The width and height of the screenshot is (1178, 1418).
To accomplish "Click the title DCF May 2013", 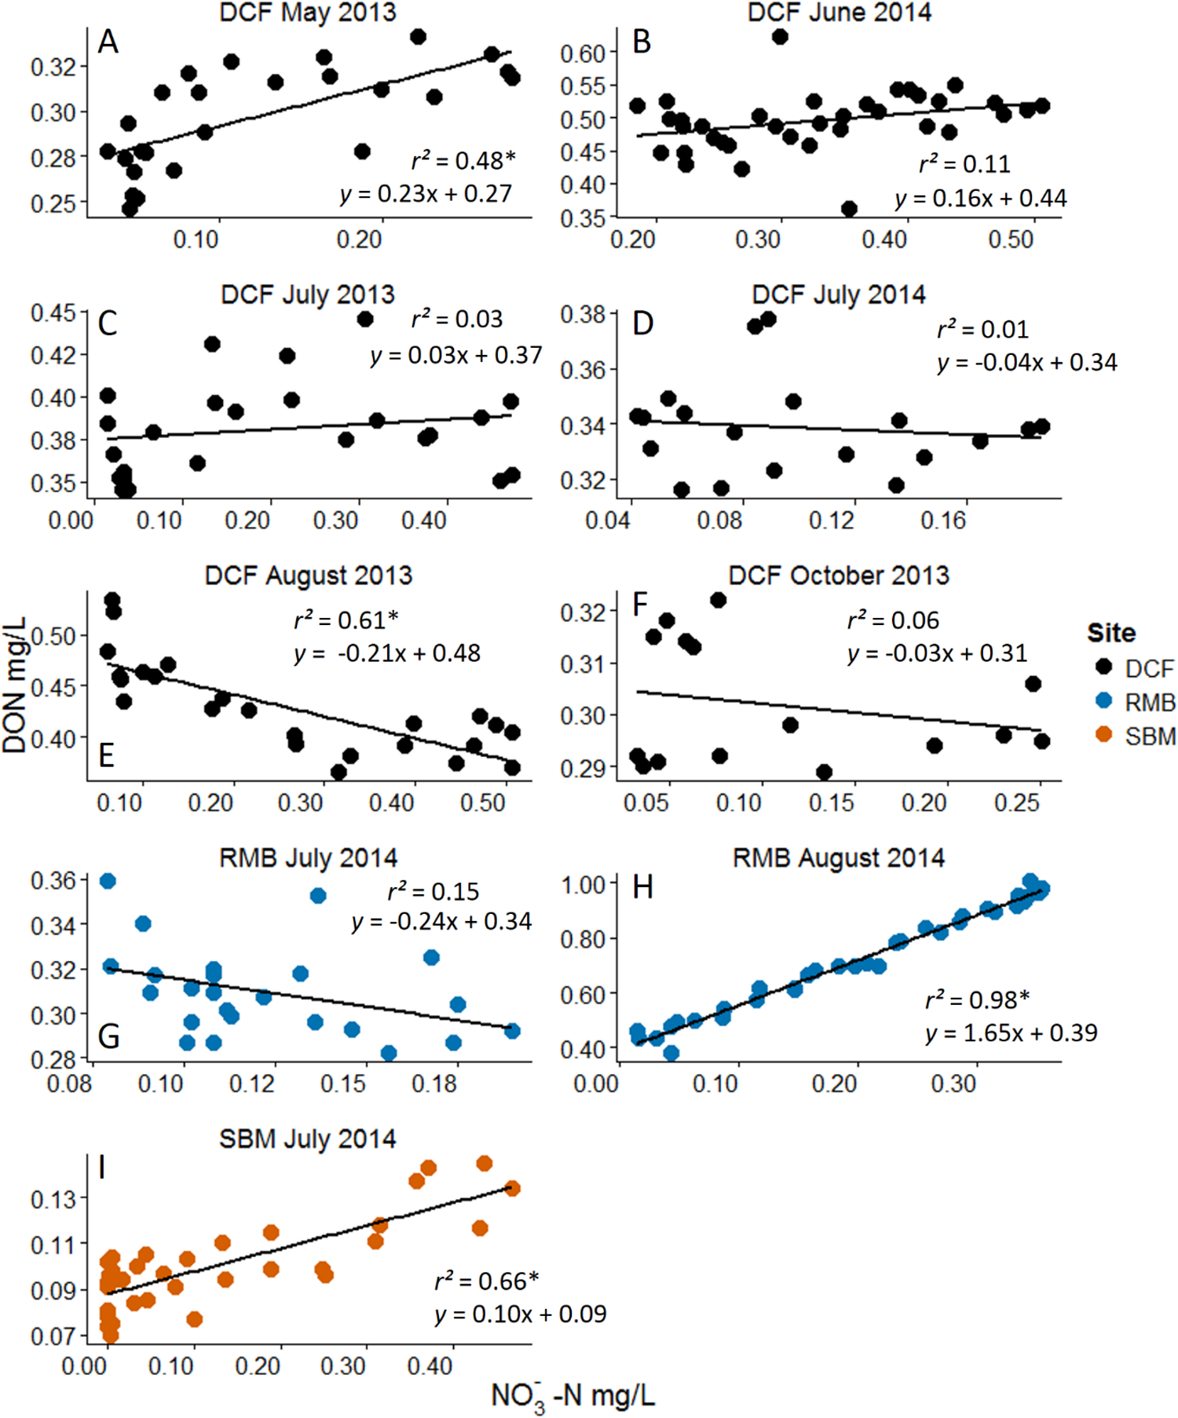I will pos(308,13).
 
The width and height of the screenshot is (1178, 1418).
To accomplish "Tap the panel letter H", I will pos(642,887).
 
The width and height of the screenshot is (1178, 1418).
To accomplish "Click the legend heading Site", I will pos(1110,633).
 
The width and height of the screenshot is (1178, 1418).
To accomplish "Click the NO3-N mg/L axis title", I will pos(573,1396).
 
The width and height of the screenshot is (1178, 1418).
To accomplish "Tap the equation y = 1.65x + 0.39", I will pos(1012,1032).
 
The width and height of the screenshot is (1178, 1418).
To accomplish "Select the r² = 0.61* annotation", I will pos(346,620).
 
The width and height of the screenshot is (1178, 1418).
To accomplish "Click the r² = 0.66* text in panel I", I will pos(487,1281).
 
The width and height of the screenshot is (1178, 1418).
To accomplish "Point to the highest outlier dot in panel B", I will pos(779,36).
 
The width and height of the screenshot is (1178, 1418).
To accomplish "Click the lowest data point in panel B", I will pos(849,209).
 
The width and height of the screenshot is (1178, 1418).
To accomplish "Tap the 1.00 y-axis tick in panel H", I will pos(584,885).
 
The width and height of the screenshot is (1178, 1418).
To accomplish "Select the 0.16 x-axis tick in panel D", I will pos(943,520).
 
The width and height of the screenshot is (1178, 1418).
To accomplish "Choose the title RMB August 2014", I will pos(838,857).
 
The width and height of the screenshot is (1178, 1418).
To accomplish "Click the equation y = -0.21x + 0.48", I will pos(387,653).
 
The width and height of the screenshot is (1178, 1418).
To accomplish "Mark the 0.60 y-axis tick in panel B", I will pos(583,53).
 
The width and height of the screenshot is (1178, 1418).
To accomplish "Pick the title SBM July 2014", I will pos(307,1138).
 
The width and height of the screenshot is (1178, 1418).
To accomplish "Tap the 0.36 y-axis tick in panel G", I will pos(53,881).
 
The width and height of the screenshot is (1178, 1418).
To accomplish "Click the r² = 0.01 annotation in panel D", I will pos(982,329).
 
